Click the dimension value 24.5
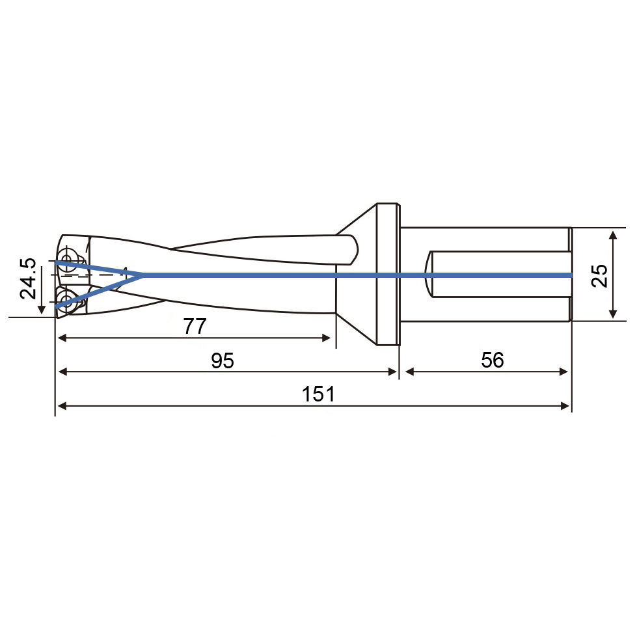(29, 278)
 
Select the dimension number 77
(195, 326)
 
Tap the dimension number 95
(223, 360)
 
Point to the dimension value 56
(493, 360)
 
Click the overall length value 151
(319, 394)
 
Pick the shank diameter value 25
(600, 276)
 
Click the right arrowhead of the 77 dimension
(326, 338)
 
